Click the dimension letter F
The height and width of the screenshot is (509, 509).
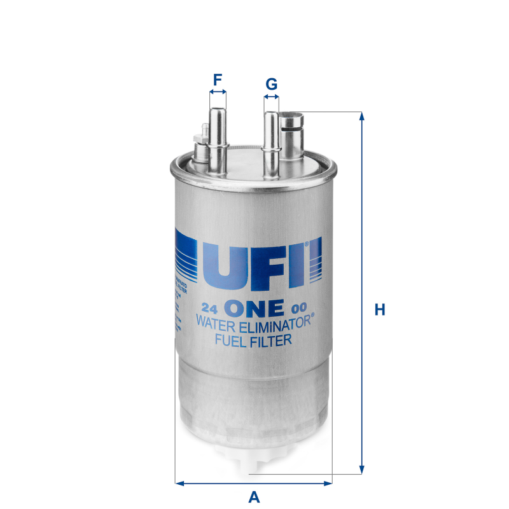[x=218, y=80]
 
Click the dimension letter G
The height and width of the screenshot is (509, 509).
[x=271, y=84]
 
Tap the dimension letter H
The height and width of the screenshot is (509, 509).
[x=380, y=310]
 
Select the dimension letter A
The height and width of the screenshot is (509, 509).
[x=253, y=497]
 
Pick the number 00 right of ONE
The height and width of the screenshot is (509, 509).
[x=297, y=309]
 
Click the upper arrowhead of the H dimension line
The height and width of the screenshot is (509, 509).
[x=362, y=116]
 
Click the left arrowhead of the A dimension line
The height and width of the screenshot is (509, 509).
[x=179, y=482]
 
